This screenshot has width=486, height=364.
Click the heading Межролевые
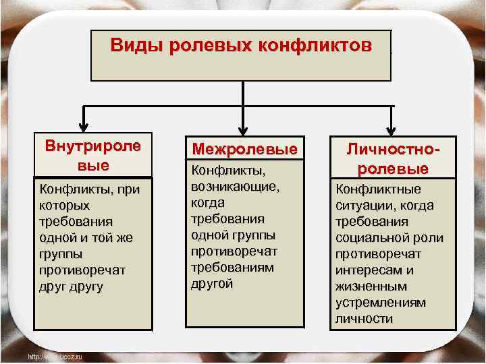(245, 148)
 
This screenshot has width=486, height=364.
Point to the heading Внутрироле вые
(92, 155)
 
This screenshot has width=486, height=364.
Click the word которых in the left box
(65, 205)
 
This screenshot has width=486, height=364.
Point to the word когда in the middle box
(208, 202)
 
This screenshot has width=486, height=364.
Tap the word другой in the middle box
(213, 283)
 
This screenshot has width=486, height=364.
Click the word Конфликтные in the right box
(378, 189)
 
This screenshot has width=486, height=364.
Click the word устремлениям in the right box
(381, 303)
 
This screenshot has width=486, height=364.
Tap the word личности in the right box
(364, 319)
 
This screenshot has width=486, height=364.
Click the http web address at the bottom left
(54, 357)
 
